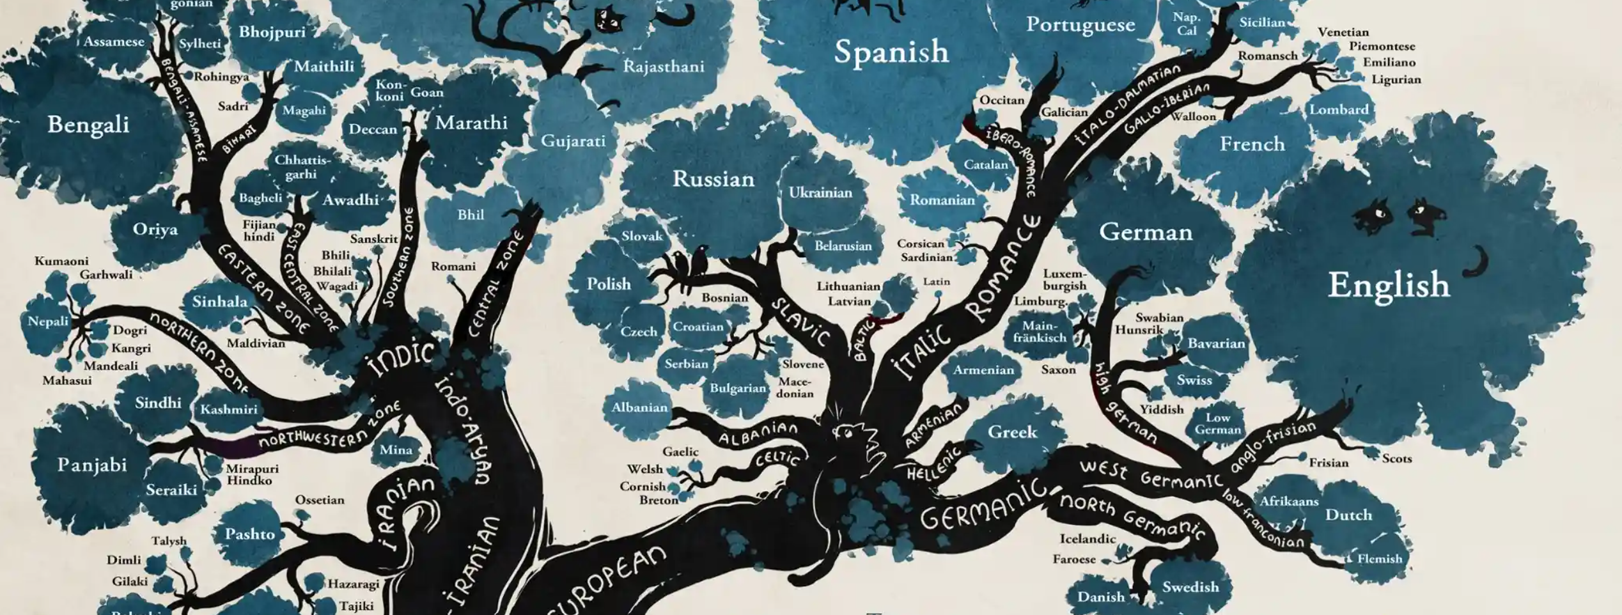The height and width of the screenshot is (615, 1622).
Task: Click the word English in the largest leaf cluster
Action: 1389,285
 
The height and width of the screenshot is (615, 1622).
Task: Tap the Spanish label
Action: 891,51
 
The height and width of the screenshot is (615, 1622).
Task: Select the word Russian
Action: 713,179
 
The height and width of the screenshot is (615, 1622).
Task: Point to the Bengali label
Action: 88,124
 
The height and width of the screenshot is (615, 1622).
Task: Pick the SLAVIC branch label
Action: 800,323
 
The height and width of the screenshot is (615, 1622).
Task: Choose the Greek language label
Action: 1012,432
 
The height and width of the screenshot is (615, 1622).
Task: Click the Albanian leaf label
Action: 639,407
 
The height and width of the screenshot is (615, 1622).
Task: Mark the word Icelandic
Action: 1088,538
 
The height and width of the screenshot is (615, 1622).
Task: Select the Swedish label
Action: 1190,586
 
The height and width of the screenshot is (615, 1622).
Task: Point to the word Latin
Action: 937,281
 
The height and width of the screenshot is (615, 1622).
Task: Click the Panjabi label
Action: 92,465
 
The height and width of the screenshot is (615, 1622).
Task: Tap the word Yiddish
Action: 1162,409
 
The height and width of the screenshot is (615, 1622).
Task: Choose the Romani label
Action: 453,266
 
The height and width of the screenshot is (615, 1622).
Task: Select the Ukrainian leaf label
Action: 820,192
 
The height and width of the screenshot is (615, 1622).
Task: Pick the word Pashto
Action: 249,534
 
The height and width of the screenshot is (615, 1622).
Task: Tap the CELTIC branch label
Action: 777,458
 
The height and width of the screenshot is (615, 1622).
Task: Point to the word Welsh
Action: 644,469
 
